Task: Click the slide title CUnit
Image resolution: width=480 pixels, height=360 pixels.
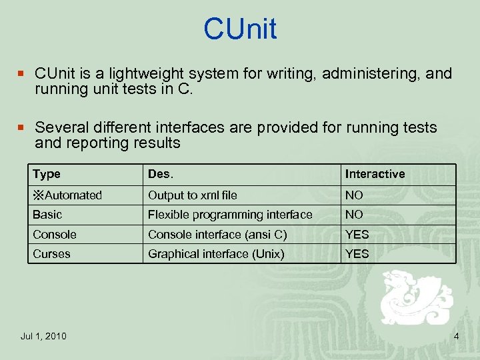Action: [240, 29]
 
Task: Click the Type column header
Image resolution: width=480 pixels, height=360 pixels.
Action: [47, 174]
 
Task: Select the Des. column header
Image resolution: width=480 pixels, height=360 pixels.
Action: [160, 174]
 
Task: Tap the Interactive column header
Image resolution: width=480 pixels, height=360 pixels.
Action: [375, 174]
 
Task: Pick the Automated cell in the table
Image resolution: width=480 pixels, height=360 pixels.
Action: [67, 195]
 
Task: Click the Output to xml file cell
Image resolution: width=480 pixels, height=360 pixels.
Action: [192, 195]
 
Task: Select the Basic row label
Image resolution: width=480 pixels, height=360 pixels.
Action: [47, 215]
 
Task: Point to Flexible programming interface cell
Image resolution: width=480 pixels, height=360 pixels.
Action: [230, 215]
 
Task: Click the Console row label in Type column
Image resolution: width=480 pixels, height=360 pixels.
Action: [55, 235]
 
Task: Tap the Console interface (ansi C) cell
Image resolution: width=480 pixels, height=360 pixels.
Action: [217, 235]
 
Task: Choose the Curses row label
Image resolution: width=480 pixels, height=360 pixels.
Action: [51, 254]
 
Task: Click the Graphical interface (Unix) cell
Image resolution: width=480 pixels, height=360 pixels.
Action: [216, 254]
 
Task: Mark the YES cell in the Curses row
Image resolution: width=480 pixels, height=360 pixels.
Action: [357, 254]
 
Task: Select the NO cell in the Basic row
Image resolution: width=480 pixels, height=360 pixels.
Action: [354, 215]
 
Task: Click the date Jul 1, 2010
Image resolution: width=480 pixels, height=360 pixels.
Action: [43, 336]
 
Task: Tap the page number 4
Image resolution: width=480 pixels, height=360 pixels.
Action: [456, 336]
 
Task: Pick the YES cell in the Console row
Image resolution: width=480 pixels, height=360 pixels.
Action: [357, 235]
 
